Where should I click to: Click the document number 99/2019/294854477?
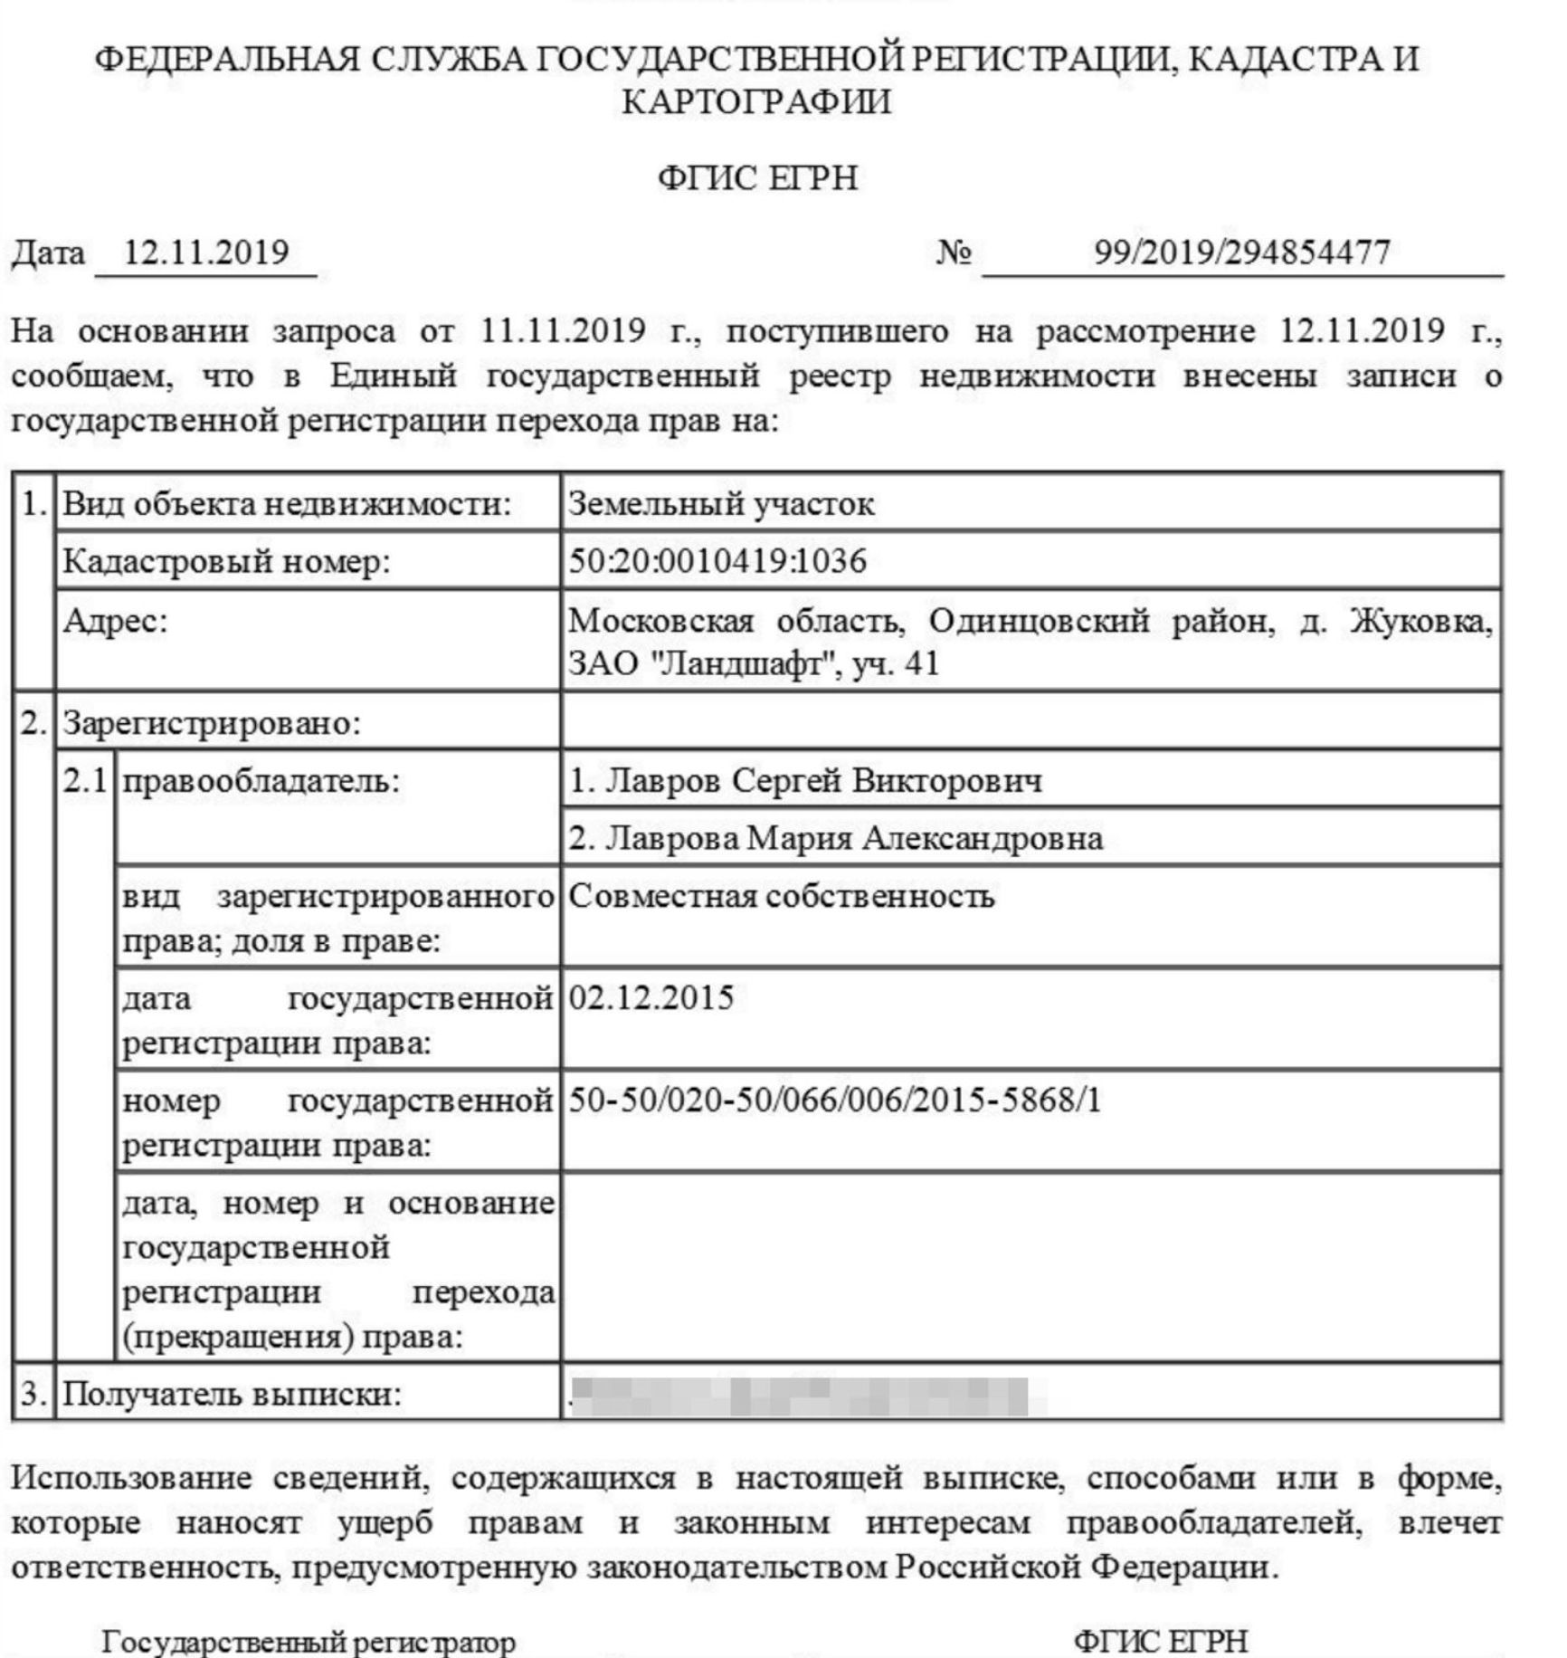pos(1241,253)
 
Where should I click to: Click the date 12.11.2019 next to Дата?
pos(205,253)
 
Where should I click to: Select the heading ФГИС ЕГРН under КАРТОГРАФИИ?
pos(757,178)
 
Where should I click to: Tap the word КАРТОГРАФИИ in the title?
pos(756,101)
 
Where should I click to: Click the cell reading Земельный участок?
pos(721,504)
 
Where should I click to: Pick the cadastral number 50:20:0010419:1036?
pos(717,562)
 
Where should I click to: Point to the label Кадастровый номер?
pos(226,562)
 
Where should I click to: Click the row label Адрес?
pos(115,622)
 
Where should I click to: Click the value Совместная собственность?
pos(782,897)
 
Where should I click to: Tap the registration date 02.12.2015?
pos(651,998)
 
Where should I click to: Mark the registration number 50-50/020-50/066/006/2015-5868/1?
pos(834,1101)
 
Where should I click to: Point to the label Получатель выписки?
pos(232,1395)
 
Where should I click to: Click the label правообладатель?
pos(260,781)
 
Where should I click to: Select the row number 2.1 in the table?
pos(85,781)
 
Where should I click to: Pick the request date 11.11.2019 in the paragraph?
pos(563,331)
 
